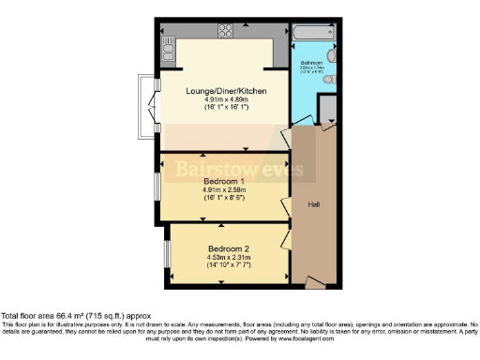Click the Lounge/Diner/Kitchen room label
[222, 90]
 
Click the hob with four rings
[226, 31]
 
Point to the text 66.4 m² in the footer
[69, 317]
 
